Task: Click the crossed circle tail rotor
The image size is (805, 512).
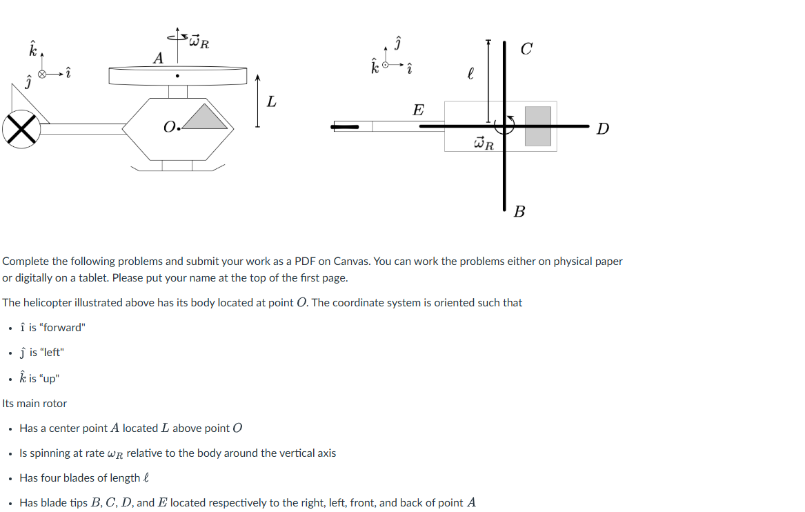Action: pyautogui.click(x=21, y=129)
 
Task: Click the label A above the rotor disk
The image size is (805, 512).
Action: pyautogui.click(x=158, y=59)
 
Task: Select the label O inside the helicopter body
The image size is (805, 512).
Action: pyautogui.click(x=170, y=127)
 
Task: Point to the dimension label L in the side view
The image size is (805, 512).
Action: pyautogui.click(x=271, y=102)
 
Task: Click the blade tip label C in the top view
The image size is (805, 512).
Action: pyautogui.click(x=526, y=48)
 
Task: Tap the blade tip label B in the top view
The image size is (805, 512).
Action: pyautogui.click(x=519, y=212)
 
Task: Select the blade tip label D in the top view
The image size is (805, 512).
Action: pyautogui.click(x=602, y=128)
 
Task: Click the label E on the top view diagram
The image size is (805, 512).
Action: pyautogui.click(x=418, y=110)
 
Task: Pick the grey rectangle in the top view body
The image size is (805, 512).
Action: pyautogui.click(x=537, y=126)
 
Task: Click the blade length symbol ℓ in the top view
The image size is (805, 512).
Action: pyautogui.click(x=470, y=72)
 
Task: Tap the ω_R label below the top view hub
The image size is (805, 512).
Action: pyautogui.click(x=484, y=144)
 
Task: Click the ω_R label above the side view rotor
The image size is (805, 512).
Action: pyautogui.click(x=199, y=41)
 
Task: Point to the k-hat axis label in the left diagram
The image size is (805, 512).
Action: pyautogui.click(x=32, y=49)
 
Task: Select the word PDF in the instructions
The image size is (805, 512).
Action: pyautogui.click(x=305, y=262)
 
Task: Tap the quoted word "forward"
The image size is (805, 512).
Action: pyautogui.click(x=63, y=327)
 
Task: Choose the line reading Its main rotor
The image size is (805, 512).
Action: pyautogui.click(x=34, y=403)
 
